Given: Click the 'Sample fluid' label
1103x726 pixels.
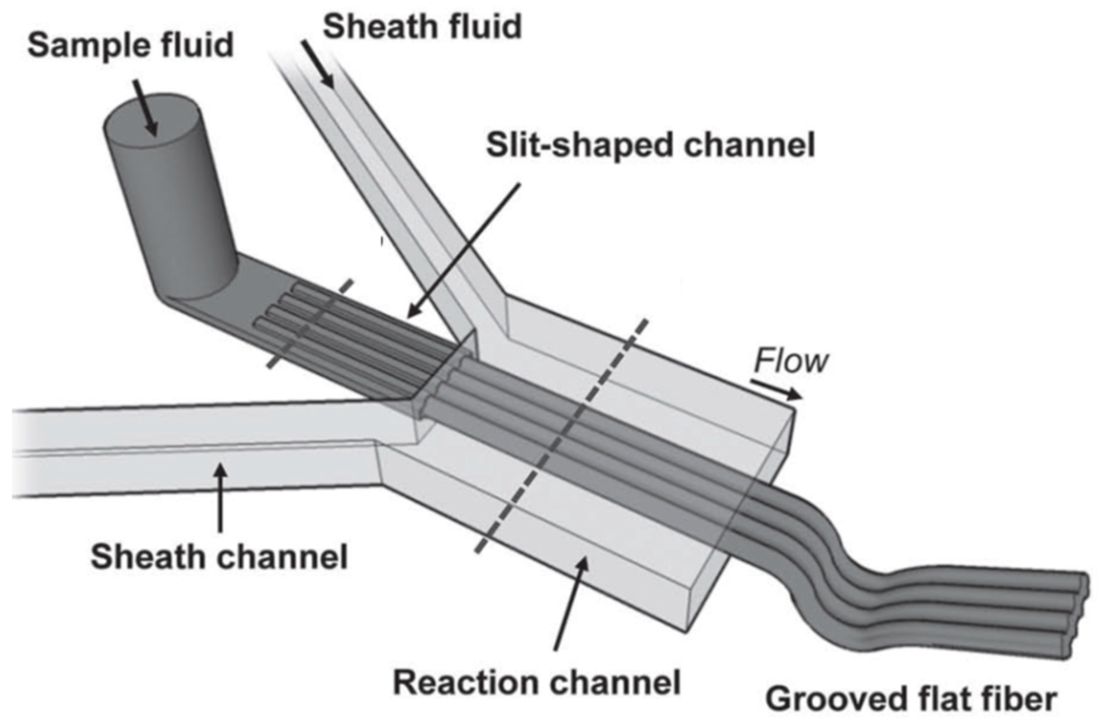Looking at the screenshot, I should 130,45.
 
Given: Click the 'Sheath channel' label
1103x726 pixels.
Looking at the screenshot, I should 219,557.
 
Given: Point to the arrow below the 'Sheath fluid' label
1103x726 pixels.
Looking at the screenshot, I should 318,65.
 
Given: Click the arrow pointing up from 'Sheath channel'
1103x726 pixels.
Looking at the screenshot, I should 220,498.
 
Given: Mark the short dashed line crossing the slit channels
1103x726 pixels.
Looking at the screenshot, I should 311,323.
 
